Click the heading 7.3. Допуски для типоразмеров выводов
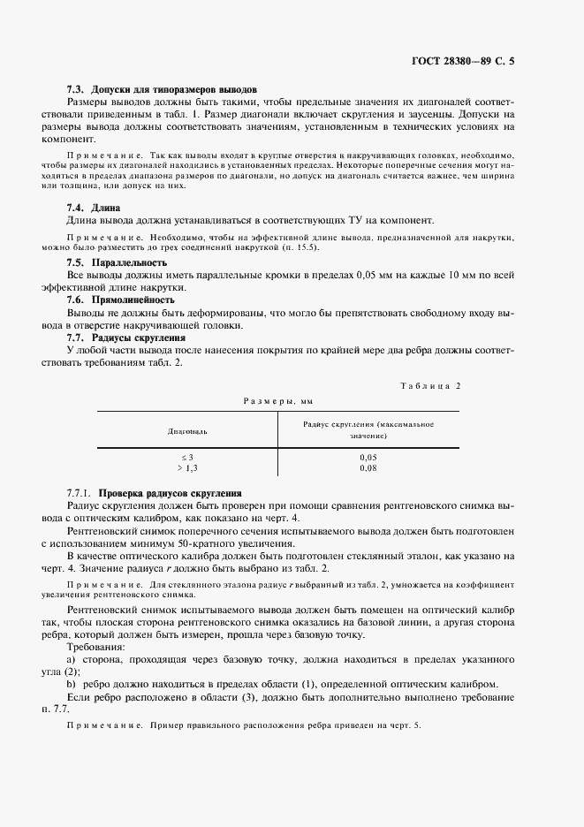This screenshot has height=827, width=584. tap(162, 90)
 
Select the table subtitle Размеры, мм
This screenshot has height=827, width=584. tap(279, 401)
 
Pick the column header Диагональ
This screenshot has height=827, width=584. tap(187, 431)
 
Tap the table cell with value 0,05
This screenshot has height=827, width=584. tap(368, 456)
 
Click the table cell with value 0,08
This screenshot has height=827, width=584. tap(368, 467)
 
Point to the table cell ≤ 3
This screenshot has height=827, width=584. tap(187, 456)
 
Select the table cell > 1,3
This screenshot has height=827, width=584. tap(187, 467)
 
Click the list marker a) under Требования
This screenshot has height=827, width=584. tap(72, 660)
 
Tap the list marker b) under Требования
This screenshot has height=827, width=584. tap(72, 685)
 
